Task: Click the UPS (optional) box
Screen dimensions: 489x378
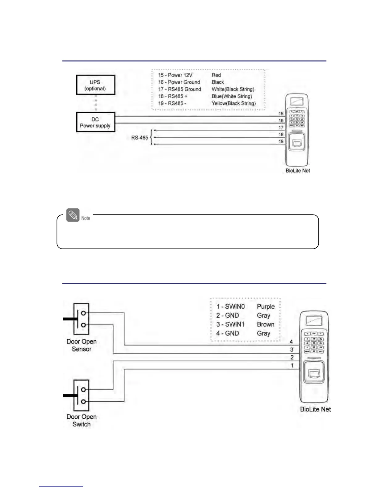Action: [x=95, y=85]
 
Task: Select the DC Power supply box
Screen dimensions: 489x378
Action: [x=95, y=123]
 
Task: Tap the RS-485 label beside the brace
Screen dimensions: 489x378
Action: [x=140, y=138]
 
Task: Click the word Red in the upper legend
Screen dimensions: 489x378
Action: [x=216, y=75]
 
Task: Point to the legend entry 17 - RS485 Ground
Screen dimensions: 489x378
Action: [x=179, y=89]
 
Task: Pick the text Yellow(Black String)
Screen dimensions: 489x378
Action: [x=233, y=103]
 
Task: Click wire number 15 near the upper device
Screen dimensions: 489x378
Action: [x=281, y=114]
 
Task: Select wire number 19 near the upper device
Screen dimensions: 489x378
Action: [x=281, y=141]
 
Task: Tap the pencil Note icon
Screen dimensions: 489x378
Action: [x=73, y=215]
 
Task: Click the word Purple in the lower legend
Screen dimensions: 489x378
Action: [x=266, y=307]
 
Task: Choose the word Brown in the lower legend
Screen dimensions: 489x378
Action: [x=265, y=324]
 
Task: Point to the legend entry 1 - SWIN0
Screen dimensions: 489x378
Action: [x=230, y=307]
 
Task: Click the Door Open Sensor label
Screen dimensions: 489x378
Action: [x=82, y=345]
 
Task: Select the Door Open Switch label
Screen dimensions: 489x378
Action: [x=82, y=420]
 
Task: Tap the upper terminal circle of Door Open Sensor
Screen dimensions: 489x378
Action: [x=83, y=313]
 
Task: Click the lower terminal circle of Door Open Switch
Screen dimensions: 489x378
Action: [x=83, y=402]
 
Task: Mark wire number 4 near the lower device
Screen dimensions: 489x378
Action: [x=291, y=342]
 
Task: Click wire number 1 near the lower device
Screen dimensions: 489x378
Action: [x=292, y=366]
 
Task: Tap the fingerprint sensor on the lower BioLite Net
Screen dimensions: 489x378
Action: [x=313, y=374]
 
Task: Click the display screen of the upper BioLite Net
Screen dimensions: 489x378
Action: [x=296, y=101]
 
